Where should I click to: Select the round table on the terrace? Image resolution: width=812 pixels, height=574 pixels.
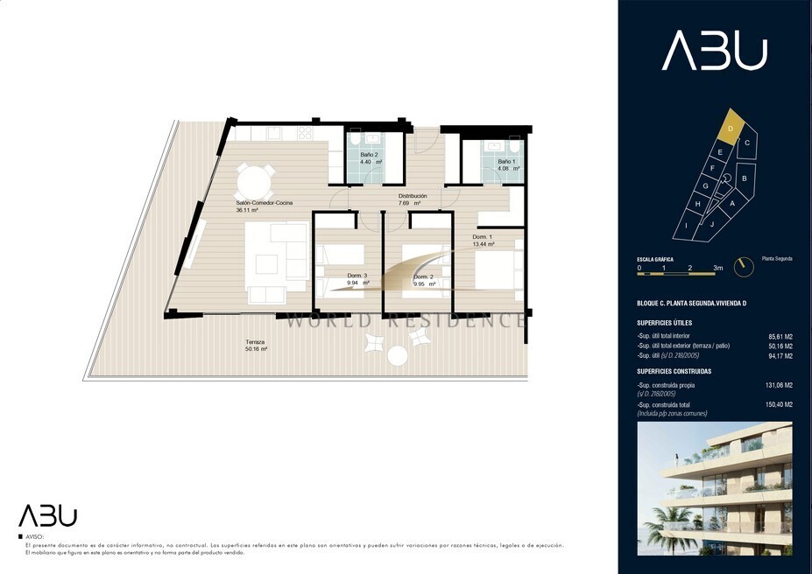tap(397, 355)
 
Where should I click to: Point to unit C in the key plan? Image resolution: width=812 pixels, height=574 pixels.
tap(746, 143)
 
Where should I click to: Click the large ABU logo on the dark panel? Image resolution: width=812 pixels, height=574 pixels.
tap(714, 52)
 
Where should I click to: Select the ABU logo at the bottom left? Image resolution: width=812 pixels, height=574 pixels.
tap(48, 515)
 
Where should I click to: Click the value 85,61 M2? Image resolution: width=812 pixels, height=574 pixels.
tap(780, 336)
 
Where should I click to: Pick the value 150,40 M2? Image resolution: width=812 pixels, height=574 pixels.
tap(780, 405)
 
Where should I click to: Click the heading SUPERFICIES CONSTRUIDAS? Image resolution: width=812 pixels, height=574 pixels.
tap(674, 371)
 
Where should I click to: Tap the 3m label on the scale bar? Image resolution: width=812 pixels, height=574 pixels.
tap(717, 268)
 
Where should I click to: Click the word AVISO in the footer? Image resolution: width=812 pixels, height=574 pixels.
tap(34, 535)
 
